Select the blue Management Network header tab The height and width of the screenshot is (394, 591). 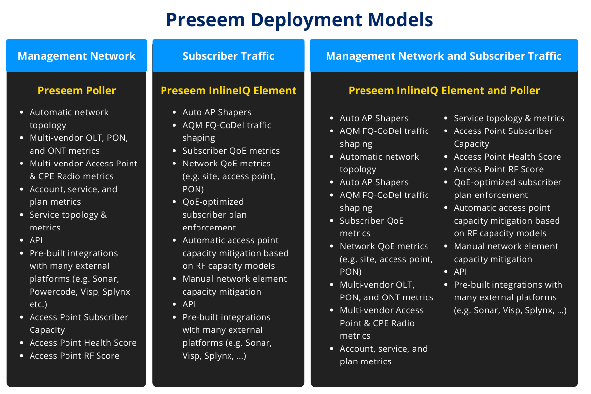pyautogui.click(x=76, y=56)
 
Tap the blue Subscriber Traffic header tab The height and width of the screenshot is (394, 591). pyautogui.click(x=229, y=56)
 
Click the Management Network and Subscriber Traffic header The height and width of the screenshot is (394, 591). pyautogui.click(x=444, y=56)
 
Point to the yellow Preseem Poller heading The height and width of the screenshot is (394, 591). pyautogui.click(x=77, y=90)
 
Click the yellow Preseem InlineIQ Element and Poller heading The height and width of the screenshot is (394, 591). pyautogui.click(x=444, y=90)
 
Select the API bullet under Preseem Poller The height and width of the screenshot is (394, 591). pyautogui.click(x=36, y=240)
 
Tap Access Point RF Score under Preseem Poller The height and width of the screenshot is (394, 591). pyautogui.click(x=74, y=356)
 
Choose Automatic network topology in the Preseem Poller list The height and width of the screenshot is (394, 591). pyautogui.click(x=69, y=118)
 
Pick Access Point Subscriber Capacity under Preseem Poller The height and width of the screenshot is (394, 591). pyautogui.click(x=79, y=323)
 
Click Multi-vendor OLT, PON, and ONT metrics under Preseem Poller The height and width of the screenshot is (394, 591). pyautogui.click(x=79, y=144)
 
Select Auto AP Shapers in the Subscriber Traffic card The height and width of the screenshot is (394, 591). pyautogui.click(x=217, y=112)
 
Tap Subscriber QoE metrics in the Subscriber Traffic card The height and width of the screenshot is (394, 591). pyautogui.click(x=231, y=151)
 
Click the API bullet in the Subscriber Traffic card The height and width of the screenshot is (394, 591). pyautogui.click(x=189, y=304)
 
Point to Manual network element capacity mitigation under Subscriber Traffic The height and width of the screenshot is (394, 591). pyautogui.click(x=234, y=285)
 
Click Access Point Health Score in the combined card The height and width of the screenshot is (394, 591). pyautogui.click(x=507, y=157)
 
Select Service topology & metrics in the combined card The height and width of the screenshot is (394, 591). pyautogui.click(x=509, y=118)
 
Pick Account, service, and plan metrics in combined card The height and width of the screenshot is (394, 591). pyautogui.click(x=384, y=355)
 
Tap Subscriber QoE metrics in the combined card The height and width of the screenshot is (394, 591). pyautogui.click(x=372, y=227)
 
